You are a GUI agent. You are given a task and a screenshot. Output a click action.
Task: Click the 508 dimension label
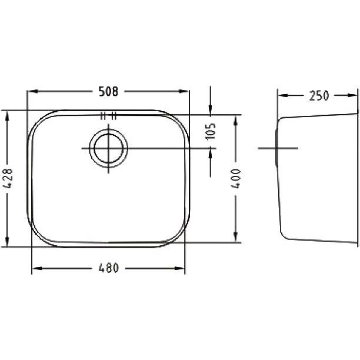108,91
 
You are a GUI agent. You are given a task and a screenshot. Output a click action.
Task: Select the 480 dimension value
108,268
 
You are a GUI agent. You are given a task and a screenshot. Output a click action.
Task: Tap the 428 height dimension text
8,178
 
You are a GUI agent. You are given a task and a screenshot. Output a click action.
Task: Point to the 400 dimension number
235,179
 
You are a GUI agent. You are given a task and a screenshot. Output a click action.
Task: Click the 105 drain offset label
211,131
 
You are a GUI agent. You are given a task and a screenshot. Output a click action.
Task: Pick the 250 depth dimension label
319,95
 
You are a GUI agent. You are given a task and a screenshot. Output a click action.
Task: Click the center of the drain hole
108,148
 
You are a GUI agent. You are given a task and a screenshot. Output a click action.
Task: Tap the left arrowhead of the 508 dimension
32,91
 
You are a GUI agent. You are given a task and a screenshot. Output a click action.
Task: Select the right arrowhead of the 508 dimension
184,91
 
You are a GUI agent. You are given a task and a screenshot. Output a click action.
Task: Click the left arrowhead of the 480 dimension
37,268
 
